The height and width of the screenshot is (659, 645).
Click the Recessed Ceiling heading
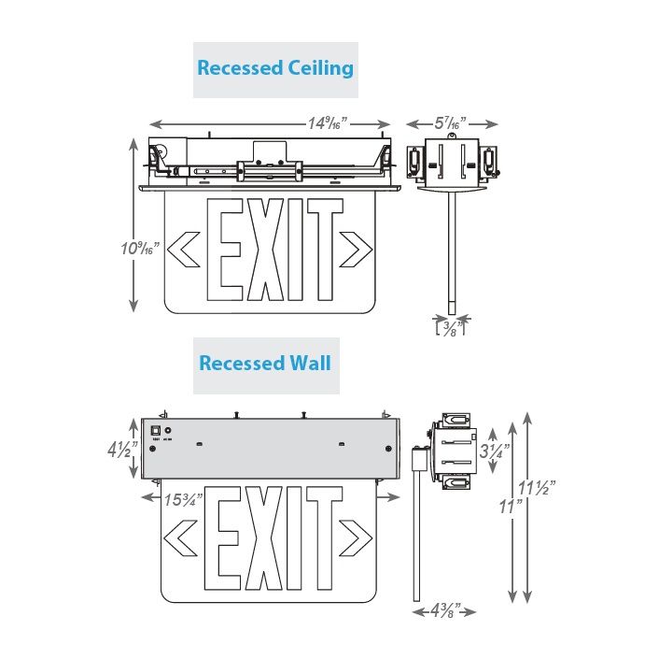pos(275,68)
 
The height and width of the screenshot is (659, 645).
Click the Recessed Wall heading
pos(265,363)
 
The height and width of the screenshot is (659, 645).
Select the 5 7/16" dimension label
pos(451,123)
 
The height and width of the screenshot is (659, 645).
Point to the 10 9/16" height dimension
pos(140,250)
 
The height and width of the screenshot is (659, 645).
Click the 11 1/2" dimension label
pos(540,487)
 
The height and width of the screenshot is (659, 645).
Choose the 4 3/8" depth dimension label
pos(444,611)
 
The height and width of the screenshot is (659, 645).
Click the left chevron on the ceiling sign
pos(187,250)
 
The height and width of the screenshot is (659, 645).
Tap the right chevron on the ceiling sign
pos(353,250)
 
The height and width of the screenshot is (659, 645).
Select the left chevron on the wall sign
pos(179,538)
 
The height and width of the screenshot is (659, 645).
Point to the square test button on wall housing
pos(156,430)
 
